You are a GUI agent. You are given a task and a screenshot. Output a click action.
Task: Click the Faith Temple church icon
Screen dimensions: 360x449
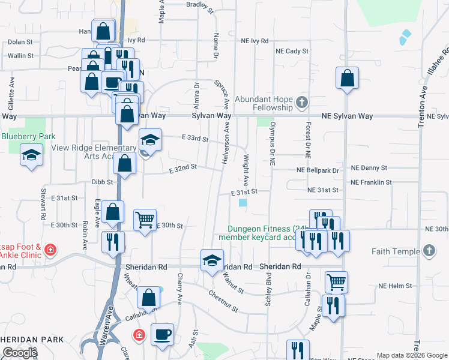point(429,250)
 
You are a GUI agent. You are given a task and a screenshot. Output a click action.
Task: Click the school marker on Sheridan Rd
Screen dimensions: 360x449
point(211,260)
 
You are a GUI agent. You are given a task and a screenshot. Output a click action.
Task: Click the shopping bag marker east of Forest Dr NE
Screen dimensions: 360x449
point(348,79)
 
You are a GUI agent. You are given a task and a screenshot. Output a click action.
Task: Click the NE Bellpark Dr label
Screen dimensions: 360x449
point(318,170)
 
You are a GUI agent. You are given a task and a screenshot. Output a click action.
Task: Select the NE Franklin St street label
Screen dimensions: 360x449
point(371,182)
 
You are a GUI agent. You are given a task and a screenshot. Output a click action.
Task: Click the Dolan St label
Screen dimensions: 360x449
point(20,42)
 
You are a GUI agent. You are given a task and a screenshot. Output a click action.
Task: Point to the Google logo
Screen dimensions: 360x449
point(20,353)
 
